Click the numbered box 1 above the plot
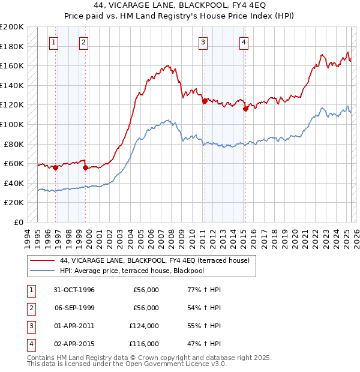[54, 42]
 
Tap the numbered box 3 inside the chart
[203, 42]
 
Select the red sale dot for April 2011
[205, 101]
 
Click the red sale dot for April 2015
[245, 109]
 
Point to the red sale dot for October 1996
[55, 167]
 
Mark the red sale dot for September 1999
[85, 167]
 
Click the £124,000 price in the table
[144, 326]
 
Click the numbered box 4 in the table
[29, 344]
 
